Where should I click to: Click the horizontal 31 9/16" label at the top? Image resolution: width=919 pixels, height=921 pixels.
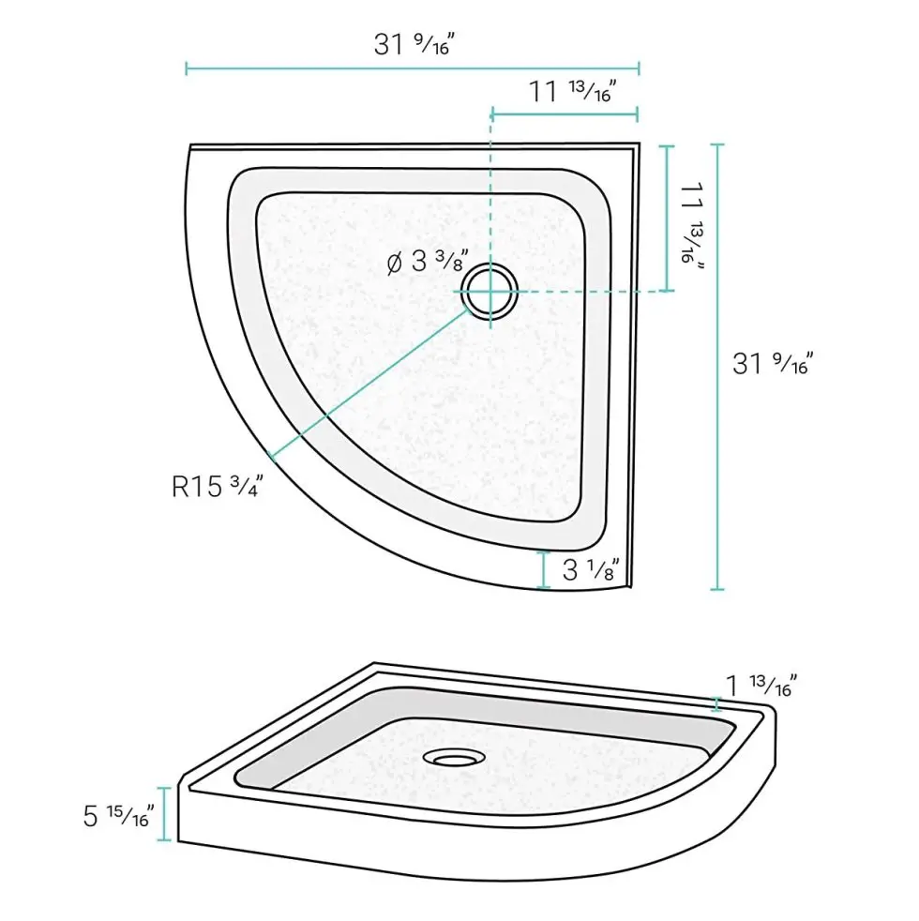pyautogui.click(x=414, y=43)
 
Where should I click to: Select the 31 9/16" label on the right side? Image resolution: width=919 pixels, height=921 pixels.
pyautogui.click(x=771, y=362)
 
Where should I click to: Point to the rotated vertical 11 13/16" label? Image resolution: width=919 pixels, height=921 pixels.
pyautogui.click(x=694, y=221)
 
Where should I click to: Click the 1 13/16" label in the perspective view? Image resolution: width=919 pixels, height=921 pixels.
pyautogui.click(x=761, y=685)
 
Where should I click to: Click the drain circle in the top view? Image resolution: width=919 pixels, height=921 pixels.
pyautogui.click(x=490, y=291)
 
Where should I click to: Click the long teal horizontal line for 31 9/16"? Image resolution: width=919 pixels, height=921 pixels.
pyautogui.click(x=413, y=68)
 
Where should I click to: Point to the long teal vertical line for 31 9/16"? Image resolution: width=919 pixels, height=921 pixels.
pyautogui.click(x=717, y=367)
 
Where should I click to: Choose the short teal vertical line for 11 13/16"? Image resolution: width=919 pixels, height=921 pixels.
pyautogui.click(x=667, y=218)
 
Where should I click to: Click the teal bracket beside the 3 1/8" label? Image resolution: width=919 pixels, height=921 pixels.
pyautogui.click(x=543, y=570)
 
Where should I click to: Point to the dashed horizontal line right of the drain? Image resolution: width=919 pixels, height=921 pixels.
pyautogui.click(x=581, y=291)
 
